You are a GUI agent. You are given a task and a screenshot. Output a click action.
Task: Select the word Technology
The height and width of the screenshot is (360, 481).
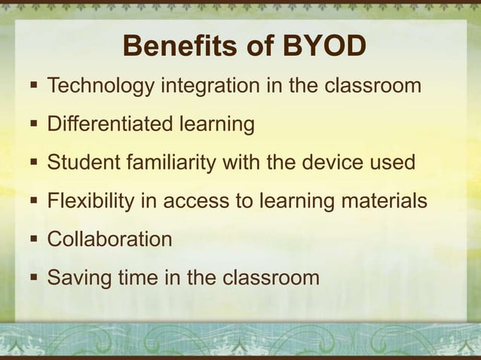pos(100,86)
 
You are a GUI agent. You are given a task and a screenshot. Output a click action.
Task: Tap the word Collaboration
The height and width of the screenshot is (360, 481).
pos(109,239)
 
